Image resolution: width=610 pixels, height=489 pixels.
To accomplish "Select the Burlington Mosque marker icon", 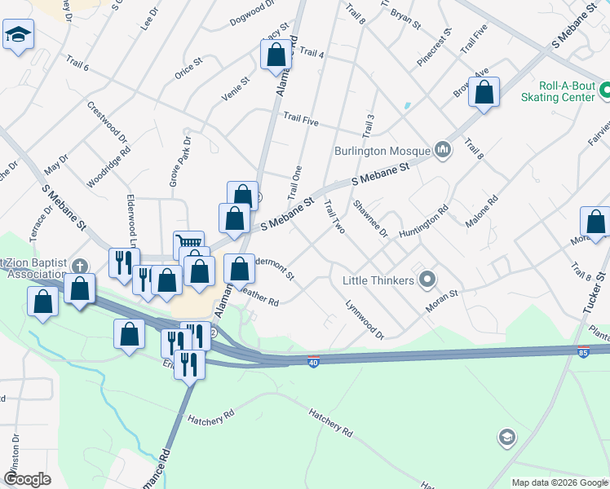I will tap(443, 149).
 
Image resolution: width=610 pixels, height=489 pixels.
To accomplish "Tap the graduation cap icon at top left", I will tap(17, 36).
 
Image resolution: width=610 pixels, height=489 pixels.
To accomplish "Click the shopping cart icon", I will tap(188, 243).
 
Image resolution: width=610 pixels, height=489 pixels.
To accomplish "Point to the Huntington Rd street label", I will tap(424, 222).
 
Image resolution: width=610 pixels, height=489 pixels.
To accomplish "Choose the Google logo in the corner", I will tap(27, 479).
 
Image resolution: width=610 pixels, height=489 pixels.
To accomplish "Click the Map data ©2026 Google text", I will tap(559, 482).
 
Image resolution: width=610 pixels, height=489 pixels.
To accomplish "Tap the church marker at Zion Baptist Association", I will tap(79, 267).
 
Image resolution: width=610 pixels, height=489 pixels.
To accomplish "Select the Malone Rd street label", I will tap(481, 210).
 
